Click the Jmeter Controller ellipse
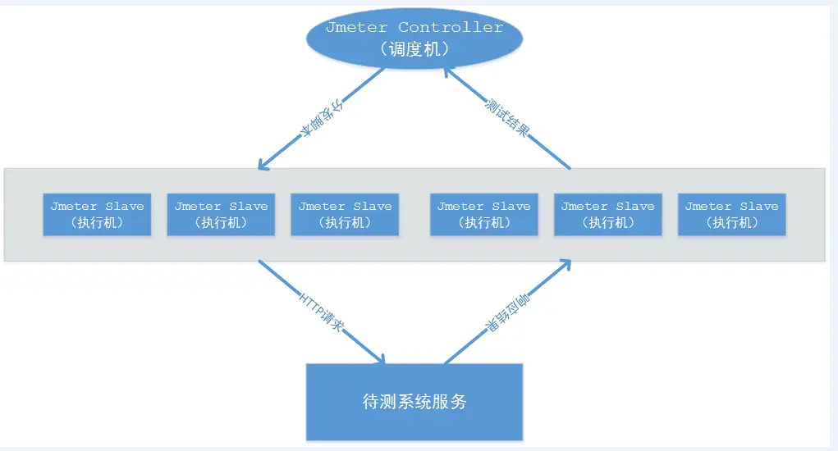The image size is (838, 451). coord(414,38)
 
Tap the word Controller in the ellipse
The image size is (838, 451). coord(451,27)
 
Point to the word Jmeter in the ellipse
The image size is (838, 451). coord(357,27)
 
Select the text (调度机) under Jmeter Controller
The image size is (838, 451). coord(414,49)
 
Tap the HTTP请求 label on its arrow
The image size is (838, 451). coord(321,312)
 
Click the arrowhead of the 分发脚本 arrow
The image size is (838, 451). coord(262,166)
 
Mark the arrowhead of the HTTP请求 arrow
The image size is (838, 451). coord(380,360)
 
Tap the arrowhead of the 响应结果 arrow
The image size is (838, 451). coord(566,264)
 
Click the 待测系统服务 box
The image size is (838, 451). coord(414,402)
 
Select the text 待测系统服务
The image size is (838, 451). coord(414,402)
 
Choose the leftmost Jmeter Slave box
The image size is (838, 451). coord(97,214)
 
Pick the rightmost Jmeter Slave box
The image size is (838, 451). coord(731,214)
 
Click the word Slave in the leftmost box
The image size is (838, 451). coord(125,207)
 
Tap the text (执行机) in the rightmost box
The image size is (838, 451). coord(731,222)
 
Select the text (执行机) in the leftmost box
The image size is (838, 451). coord(97,222)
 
